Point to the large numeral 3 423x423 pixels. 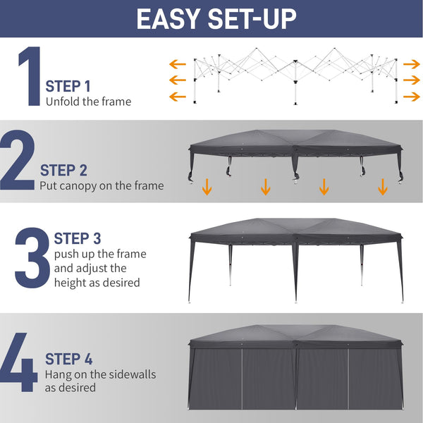(32, 258)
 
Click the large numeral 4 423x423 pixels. (19, 367)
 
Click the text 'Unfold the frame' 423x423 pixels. (88, 102)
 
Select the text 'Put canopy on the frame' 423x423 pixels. (102, 186)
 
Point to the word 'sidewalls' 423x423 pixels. (133, 374)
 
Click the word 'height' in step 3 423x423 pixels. (70, 283)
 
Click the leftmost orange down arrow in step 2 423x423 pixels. (207, 187)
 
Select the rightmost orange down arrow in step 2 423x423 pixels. (382, 187)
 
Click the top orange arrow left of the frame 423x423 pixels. (176, 63)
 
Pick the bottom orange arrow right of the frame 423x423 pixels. (410, 96)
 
